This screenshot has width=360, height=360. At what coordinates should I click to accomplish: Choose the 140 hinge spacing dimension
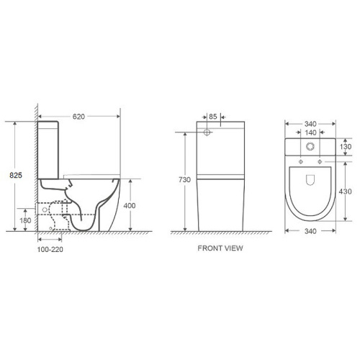point(311,132)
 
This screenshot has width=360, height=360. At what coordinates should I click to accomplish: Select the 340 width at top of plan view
point(311,123)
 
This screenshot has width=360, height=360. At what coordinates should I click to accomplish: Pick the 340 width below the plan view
point(311,231)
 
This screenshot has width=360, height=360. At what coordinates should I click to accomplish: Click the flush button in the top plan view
point(311,148)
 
